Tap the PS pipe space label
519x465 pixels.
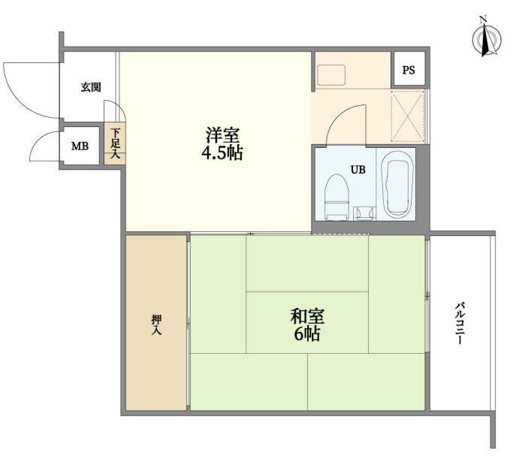[409, 70]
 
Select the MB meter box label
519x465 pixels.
[80, 146]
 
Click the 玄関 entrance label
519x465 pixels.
[91, 87]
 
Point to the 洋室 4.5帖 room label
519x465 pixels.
[222, 143]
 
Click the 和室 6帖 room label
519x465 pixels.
[307, 325]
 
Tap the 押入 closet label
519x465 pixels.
[156, 325]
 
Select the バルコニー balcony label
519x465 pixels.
[460, 323]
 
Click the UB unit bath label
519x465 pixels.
[358, 170]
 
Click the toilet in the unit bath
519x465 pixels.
[337, 198]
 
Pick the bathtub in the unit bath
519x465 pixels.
[396, 185]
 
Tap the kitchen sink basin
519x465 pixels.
[331, 75]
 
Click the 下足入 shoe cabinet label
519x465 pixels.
[115, 143]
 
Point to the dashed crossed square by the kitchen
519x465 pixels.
[408, 116]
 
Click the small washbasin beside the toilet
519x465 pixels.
[365, 213]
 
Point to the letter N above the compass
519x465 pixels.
[484, 20]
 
